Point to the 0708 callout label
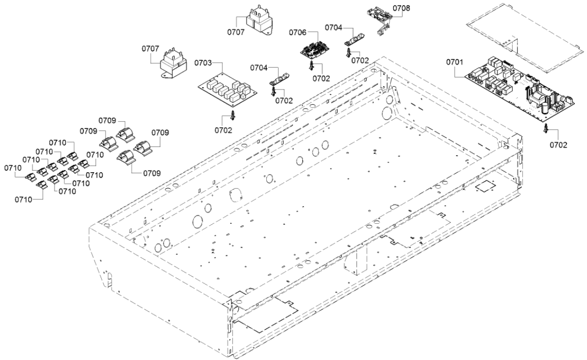(402, 8)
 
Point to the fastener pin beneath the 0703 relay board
(234, 115)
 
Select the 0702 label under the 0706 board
(321, 78)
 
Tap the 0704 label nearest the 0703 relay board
(259, 69)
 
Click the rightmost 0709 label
(160, 132)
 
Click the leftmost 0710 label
(12, 167)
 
